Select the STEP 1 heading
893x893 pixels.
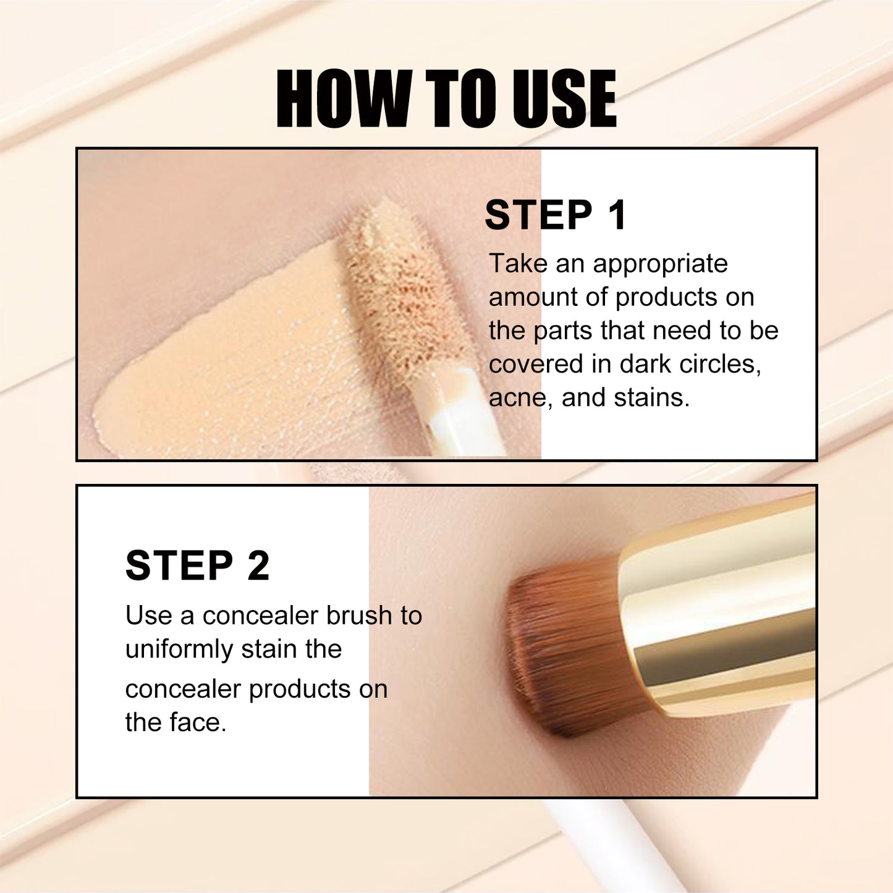click(555, 216)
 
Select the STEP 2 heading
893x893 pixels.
click(197, 565)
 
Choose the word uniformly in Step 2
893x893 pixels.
click(179, 650)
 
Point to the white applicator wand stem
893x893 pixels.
click(460, 420)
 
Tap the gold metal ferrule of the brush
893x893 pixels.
click(717, 612)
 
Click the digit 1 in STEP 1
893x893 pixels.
click(616, 216)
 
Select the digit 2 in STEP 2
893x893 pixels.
click(258, 565)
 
